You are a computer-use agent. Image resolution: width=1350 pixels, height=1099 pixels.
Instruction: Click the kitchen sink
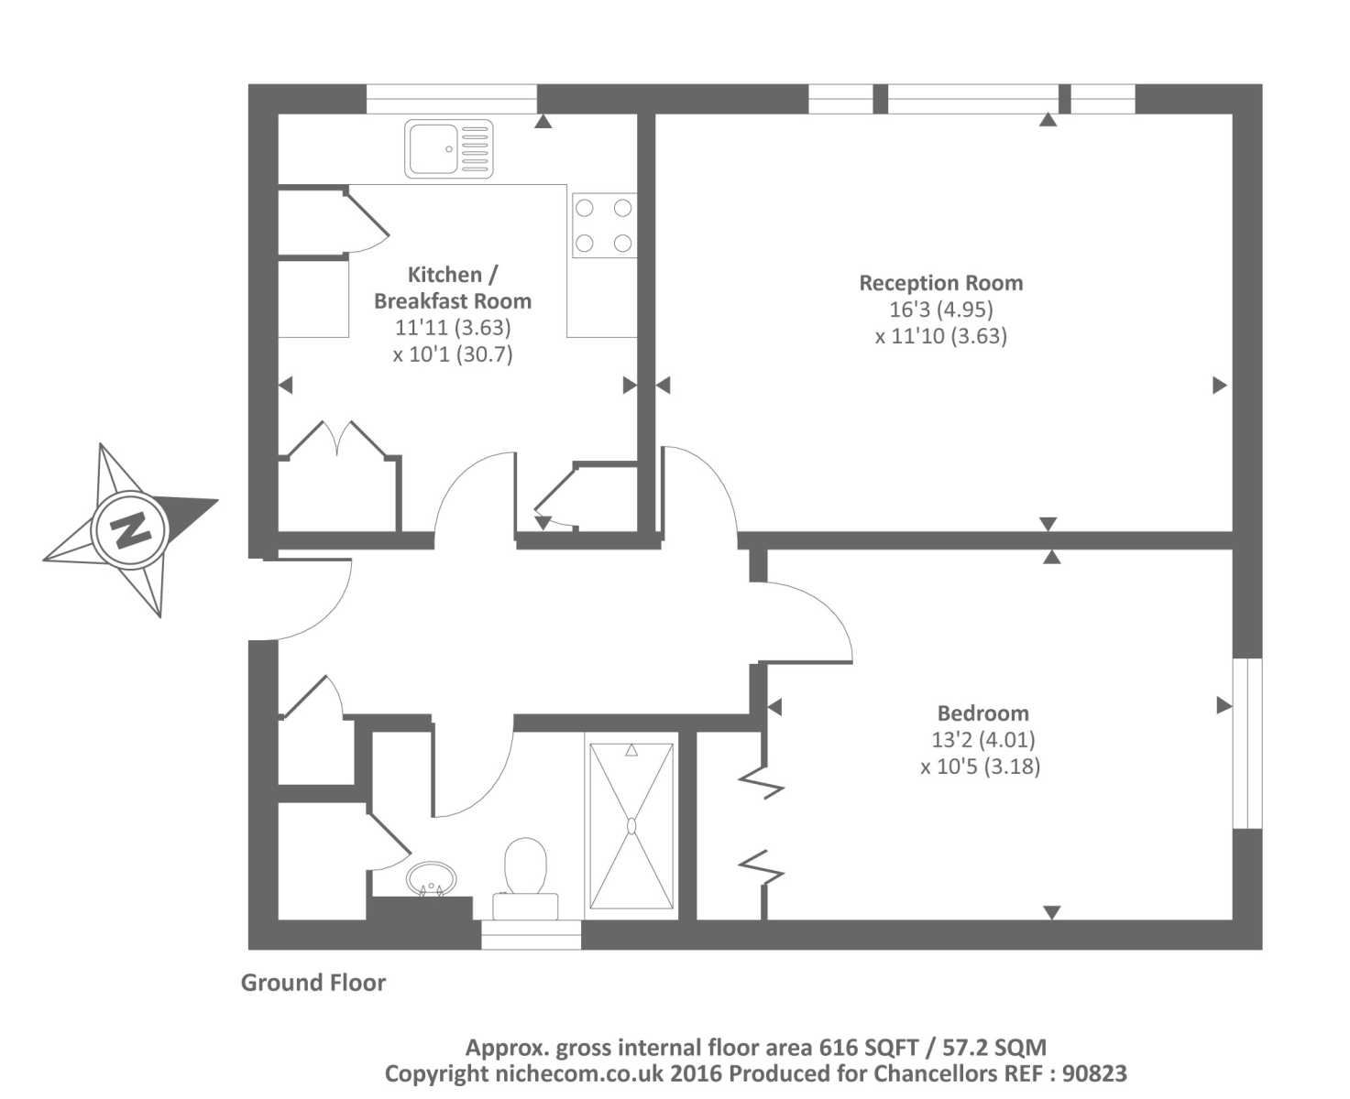pyautogui.click(x=448, y=148)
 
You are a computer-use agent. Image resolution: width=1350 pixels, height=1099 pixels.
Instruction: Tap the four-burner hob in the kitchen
pyautogui.click(x=603, y=225)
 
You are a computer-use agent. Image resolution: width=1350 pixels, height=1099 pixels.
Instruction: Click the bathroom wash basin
pyautogui.click(x=430, y=877)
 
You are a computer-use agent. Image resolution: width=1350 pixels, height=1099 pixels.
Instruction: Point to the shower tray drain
pyautogui.click(x=631, y=825)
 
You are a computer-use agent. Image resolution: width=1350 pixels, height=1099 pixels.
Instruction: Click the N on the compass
pyautogui.click(x=129, y=529)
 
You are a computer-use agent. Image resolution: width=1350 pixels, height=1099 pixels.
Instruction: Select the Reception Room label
pyautogui.click(x=940, y=283)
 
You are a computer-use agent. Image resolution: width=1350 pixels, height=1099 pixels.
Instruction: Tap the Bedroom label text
pyautogui.click(x=982, y=713)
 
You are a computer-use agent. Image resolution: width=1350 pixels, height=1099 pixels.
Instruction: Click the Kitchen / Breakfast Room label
pyautogui.click(x=452, y=288)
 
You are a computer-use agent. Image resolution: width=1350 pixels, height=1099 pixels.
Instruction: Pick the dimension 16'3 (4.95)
pyautogui.click(x=940, y=310)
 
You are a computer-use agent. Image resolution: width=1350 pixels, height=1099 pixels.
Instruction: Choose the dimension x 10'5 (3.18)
pyautogui.click(x=980, y=766)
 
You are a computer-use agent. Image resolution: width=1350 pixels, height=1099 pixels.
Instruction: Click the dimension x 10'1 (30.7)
pyautogui.click(x=452, y=354)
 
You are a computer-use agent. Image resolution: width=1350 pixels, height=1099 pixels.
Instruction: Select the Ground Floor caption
pyautogui.click(x=313, y=983)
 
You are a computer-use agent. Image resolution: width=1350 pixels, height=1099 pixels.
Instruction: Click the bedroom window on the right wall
pyautogui.click(x=1247, y=743)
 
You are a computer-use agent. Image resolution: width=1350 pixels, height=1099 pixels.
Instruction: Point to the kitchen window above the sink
pyautogui.click(x=451, y=98)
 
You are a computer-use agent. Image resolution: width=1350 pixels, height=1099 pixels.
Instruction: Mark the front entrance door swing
pyautogui.click(x=307, y=600)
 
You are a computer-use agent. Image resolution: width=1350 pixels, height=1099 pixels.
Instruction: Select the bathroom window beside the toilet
pyautogui.click(x=532, y=934)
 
